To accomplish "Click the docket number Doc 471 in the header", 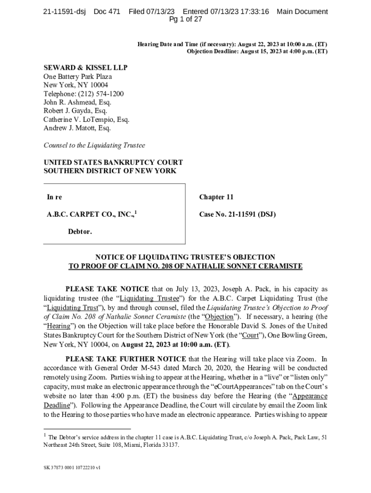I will (x=106, y=12).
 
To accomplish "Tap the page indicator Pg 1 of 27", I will (x=185, y=20).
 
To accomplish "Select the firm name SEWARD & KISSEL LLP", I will (x=85, y=68).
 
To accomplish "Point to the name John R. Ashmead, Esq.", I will (x=77, y=103).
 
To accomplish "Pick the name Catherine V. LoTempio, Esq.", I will (x=86, y=120).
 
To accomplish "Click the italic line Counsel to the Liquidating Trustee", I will (x=94, y=145).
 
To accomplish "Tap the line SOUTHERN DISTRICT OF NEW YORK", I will (x=110, y=171).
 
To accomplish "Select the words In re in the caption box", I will (x=54, y=197).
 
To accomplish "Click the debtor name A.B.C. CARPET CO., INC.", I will (x=90, y=215).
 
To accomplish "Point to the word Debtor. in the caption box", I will (x=80, y=232).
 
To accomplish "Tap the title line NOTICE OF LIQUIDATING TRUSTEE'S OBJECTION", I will (x=185, y=257).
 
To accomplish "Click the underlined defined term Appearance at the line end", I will (x=310, y=396).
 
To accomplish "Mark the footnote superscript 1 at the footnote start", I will (x=45, y=435).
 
